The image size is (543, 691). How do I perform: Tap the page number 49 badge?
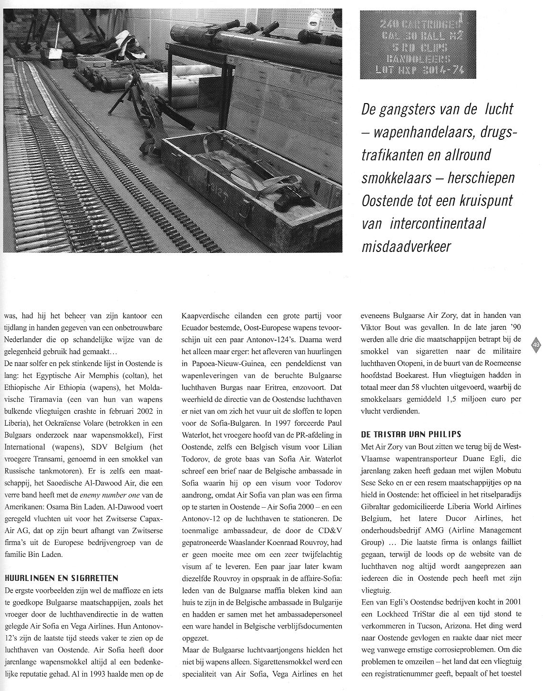[x=536, y=345]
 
